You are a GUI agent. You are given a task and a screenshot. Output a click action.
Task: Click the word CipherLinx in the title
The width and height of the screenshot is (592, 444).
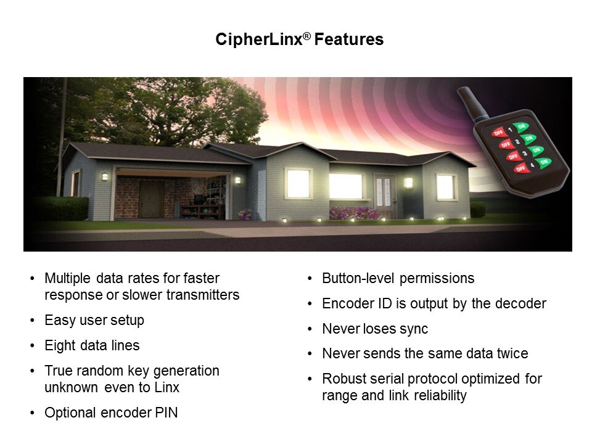pyautogui.click(x=259, y=39)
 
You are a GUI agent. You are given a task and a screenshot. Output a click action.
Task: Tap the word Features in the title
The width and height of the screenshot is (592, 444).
pyautogui.click(x=349, y=39)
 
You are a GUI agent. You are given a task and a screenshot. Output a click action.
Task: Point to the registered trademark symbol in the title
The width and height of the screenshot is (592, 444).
pyautogui.click(x=306, y=36)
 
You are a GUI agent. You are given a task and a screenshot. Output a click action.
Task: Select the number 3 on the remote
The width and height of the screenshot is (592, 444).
pyautogui.click(x=524, y=154)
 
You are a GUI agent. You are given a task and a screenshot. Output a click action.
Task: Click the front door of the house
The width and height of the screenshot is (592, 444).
pyautogui.click(x=384, y=196)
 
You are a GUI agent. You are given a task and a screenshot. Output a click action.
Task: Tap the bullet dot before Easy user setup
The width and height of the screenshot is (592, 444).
pyautogui.click(x=33, y=321)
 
